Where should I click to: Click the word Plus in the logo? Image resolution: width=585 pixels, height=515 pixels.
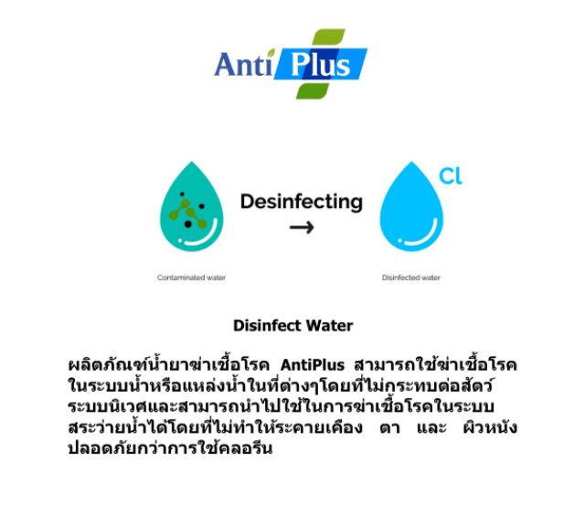click(321, 66)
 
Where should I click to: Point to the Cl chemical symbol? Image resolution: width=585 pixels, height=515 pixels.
click(452, 176)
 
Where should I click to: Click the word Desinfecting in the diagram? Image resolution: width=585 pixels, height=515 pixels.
click(301, 201)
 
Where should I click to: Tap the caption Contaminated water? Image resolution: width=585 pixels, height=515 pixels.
click(191, 277)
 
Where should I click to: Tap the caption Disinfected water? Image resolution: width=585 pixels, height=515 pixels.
click(410, 277)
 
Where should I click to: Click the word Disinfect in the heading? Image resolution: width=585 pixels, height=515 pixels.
click(266, 325)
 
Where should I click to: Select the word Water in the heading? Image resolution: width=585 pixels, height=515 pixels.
click(328, 325)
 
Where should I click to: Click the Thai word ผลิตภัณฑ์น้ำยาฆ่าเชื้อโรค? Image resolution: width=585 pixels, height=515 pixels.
click(168, 365)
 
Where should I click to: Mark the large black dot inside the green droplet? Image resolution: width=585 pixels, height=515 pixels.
click(188, 223)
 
